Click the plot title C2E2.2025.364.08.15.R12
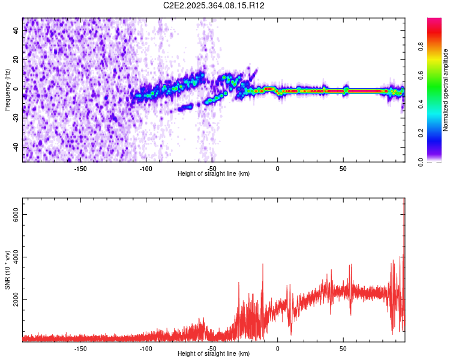tap(214, 5)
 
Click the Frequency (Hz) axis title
tap(7, 90)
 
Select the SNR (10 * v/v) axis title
tap(7, 270)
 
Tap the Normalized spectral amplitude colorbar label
tap(445, 90)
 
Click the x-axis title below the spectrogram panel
tap(214, 174)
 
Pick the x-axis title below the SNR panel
tap(214, 354)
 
